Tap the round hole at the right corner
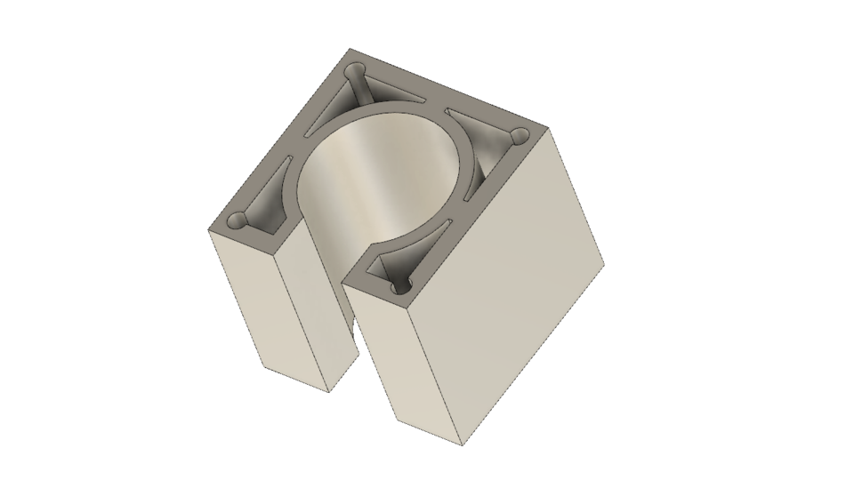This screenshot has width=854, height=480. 516,135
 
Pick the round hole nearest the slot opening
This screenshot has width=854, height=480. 398,287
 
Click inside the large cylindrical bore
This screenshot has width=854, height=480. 383,187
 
